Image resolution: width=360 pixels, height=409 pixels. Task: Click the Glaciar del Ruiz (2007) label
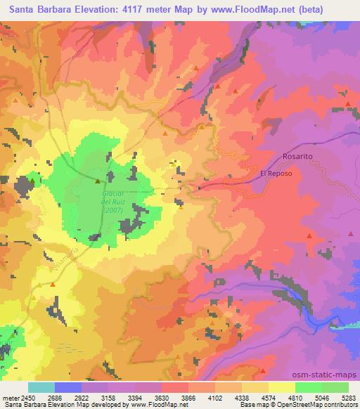[112, 201]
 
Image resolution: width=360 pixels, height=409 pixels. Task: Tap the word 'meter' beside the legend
[10, 396]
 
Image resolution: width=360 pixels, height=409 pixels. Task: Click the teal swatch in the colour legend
[41, 387]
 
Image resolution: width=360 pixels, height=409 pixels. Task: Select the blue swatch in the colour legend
[68, 387]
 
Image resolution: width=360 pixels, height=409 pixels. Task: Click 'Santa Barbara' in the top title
[35, 10]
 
